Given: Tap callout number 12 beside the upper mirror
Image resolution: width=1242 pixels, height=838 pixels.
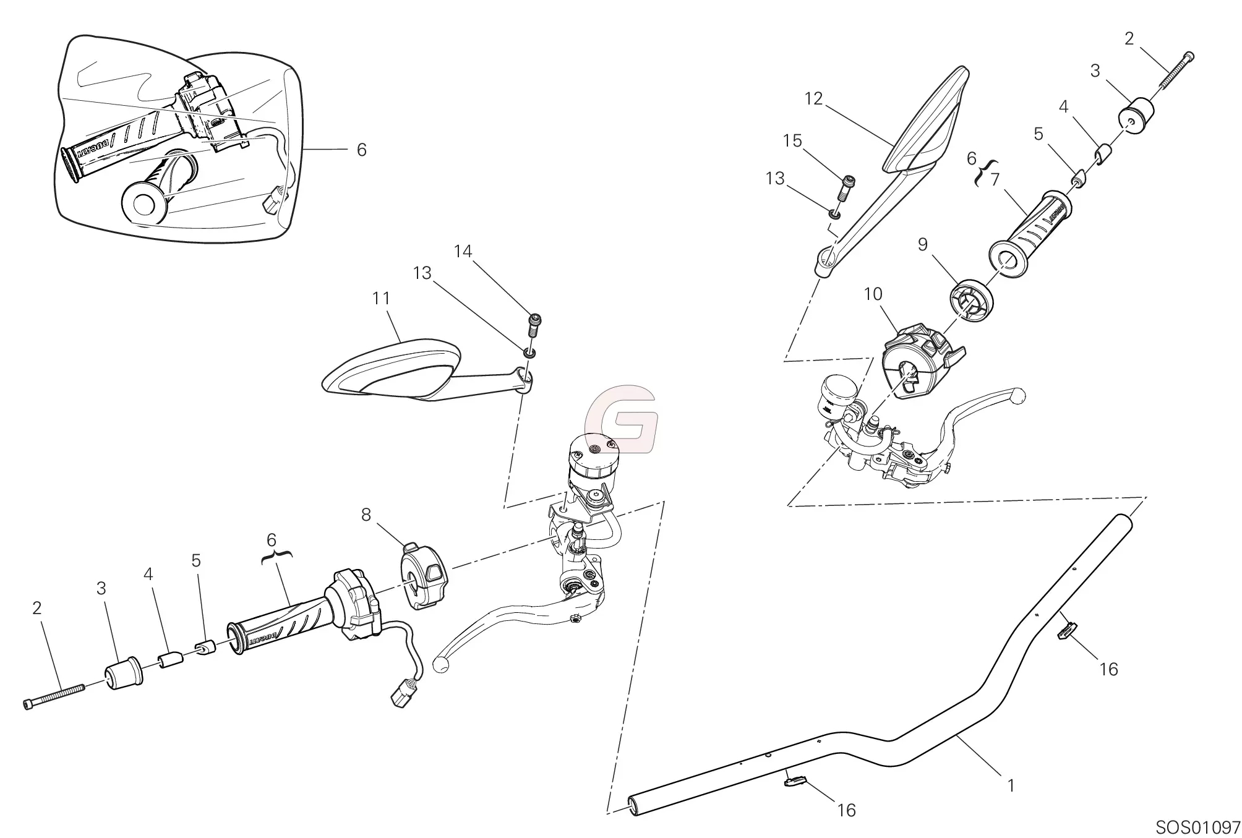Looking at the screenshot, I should coord(814,98).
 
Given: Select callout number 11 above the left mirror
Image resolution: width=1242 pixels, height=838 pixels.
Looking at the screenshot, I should coord(382,299).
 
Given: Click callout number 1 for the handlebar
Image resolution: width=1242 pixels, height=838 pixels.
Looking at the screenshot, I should coord(1011,786).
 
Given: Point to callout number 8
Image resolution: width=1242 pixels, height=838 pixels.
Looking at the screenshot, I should coord(366,515).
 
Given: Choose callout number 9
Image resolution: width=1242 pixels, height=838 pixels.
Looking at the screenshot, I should coord(922,245).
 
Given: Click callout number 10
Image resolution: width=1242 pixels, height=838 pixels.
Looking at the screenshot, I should coord(873,294).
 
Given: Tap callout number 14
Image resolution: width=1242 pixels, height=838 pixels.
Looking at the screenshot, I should coord(463,251).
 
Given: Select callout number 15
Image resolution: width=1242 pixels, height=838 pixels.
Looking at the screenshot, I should coord(792,141).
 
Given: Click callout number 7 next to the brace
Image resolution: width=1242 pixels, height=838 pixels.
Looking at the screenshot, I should coord(995,179).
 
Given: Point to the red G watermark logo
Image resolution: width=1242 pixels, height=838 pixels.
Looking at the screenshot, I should coord(621,419).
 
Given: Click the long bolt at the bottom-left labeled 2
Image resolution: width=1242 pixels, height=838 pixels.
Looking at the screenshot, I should coord(54,696).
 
